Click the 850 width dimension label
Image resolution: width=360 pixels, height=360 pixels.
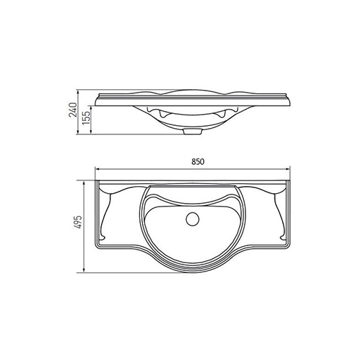tap(197, 162)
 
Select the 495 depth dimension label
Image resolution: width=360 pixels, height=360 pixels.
tap(79, 222)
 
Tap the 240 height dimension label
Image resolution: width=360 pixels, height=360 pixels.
tap(73, 110)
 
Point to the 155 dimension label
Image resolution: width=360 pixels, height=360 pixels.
tap(86, 118)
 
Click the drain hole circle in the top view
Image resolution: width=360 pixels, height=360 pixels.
tap(192, 219)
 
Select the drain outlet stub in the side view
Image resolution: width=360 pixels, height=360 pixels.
tap(192, 132)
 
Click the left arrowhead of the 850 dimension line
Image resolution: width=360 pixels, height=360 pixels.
tap(97, 169)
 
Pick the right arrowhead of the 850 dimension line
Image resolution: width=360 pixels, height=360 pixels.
tap(288, 169)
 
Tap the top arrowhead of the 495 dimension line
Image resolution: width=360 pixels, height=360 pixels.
tap(83, 183)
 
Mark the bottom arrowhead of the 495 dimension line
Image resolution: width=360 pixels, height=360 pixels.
tap(83, 270)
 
